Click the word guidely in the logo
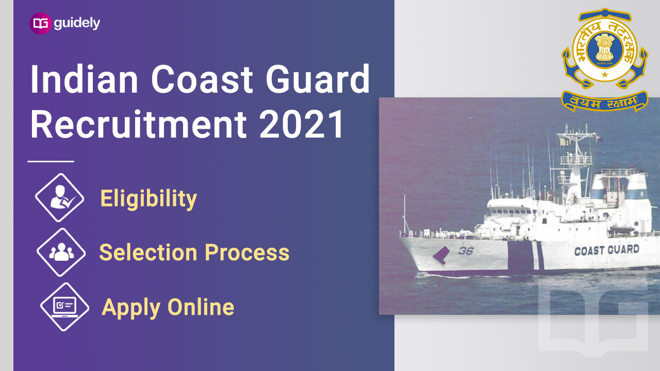pos(77,24)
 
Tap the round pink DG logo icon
pos(41,23)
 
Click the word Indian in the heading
pos(84,79)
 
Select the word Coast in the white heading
pos(202,79)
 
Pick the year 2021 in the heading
pos(302,124)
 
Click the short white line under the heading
pos(51,161)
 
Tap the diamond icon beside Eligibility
pos(59,197)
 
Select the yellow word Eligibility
pos(148,199)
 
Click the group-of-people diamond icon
pos(61,252)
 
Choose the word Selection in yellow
pos(148,252)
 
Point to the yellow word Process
pos(247,252)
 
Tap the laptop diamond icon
pos(64,307)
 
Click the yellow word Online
pos(201,307)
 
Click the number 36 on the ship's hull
pos(466,251)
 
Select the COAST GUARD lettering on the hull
pos(607,250)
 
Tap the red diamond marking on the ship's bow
pos(441,255)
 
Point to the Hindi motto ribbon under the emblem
pos(605,102)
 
